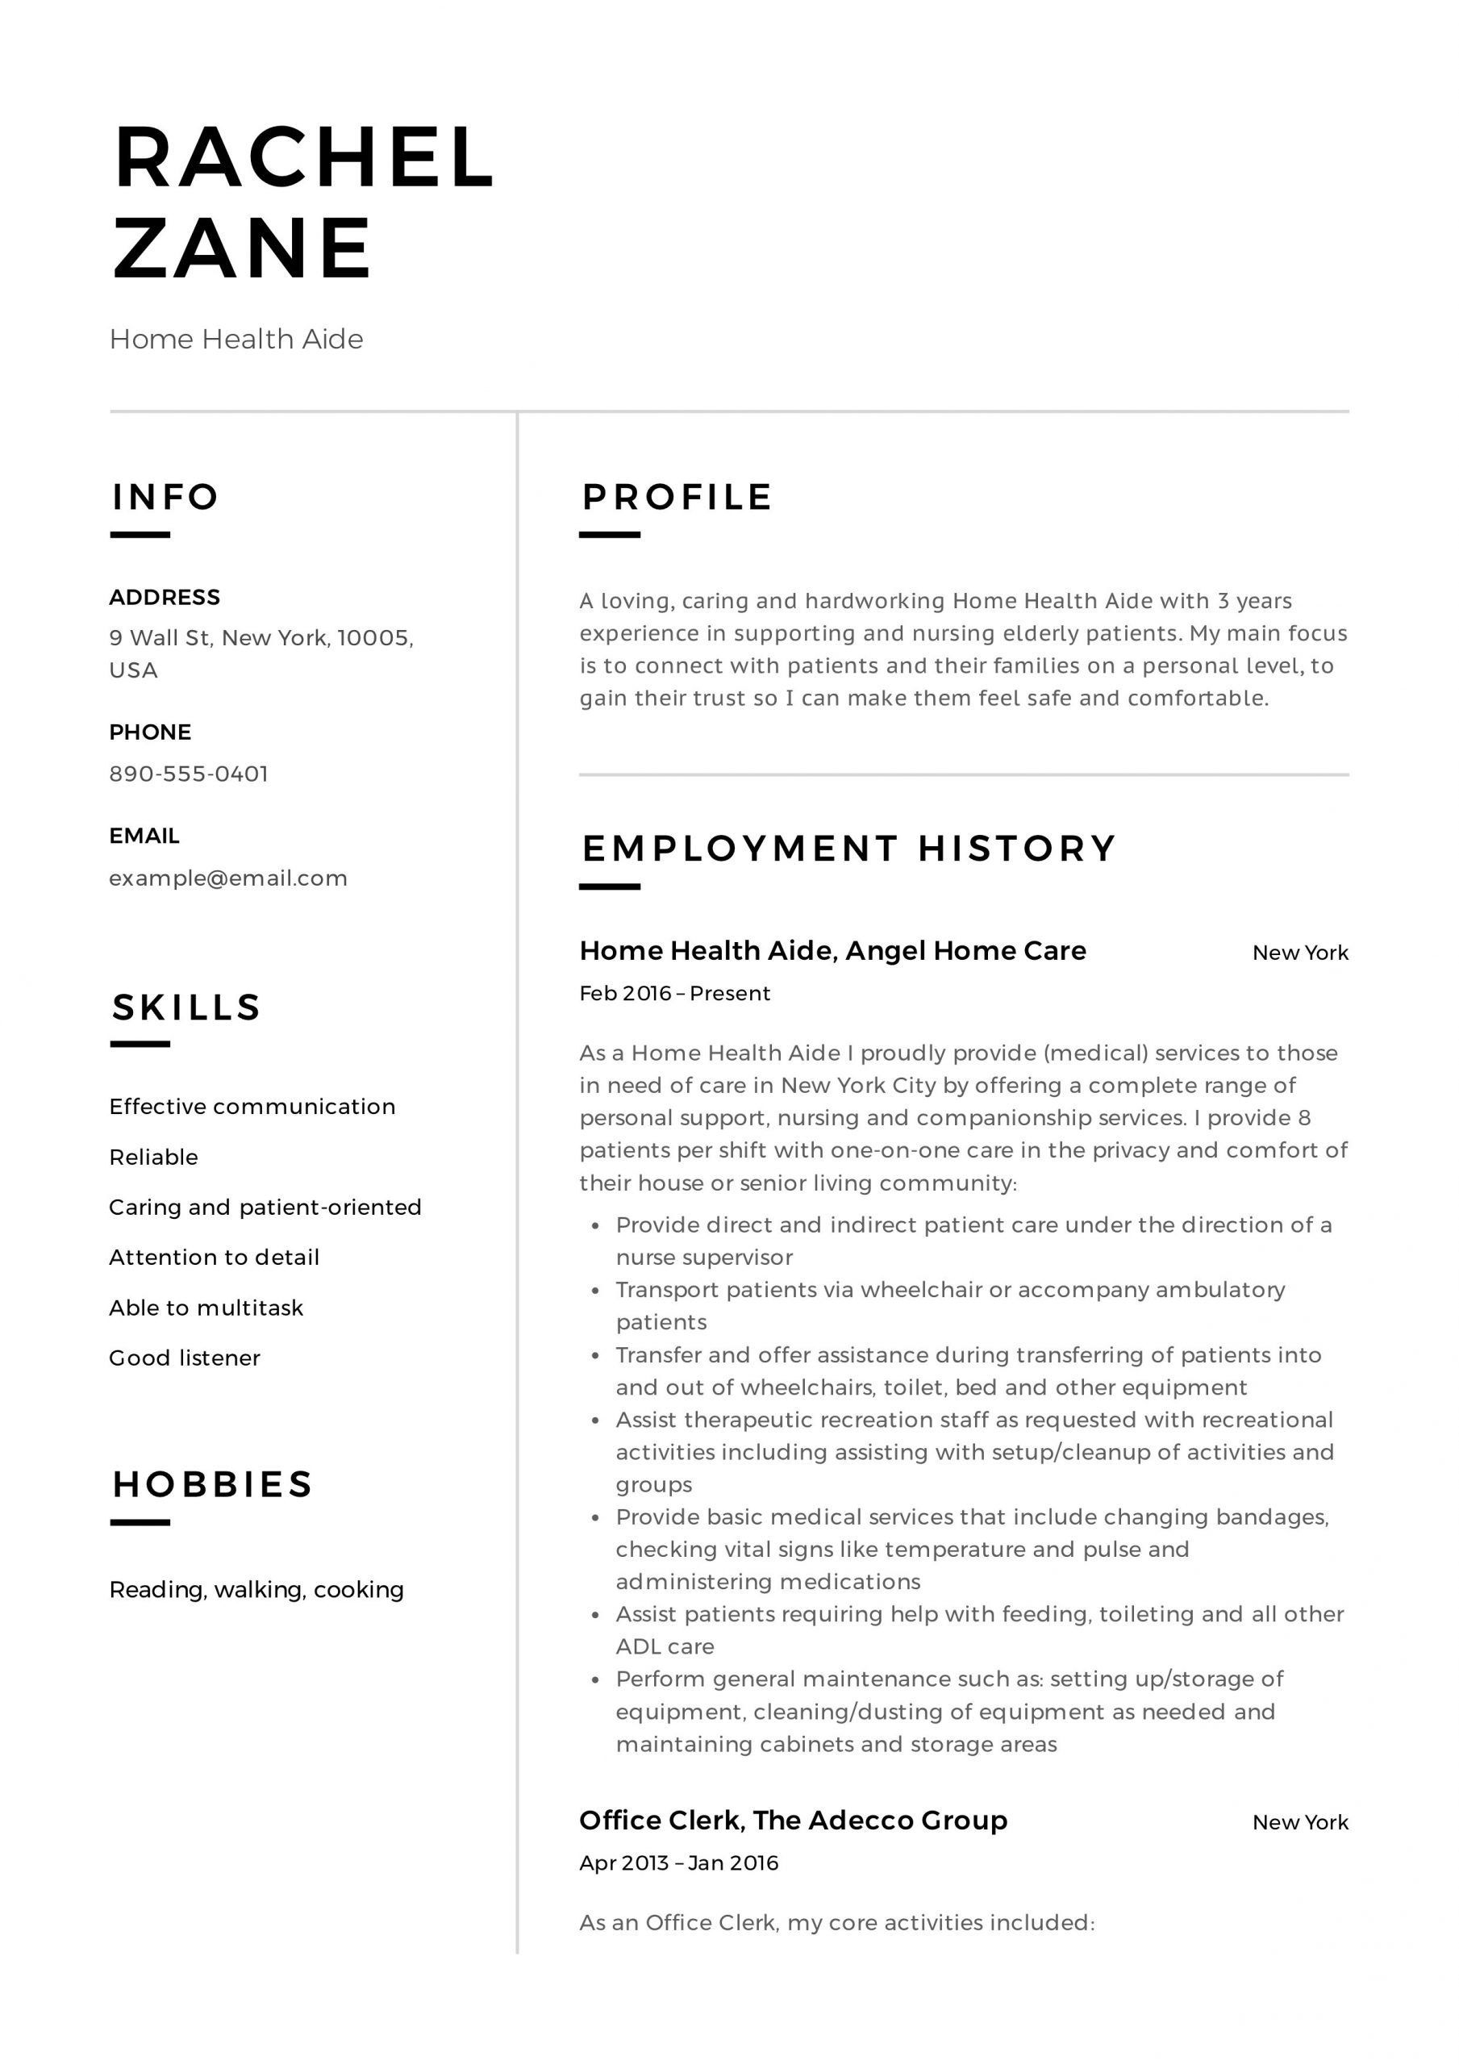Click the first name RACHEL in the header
[x=304, y=157]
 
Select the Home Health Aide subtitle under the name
[x=236, y=339]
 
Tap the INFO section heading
[x=165, y=496]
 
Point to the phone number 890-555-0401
[x=189, y=774]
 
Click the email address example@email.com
[x=228, y=878]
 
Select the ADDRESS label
[x=165, y=597]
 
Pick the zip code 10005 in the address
[x=373, y=638]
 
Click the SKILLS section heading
[x=186, y=1007]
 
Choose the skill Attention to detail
[x=214, y=1258]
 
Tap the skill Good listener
[x=185, y=1358]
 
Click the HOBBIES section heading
[x=212, y=1484]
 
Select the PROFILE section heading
[x=677, y=496]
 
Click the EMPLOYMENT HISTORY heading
[x=849, y=848]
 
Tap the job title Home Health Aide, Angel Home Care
[x=833, y=951]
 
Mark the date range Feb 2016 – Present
[x=674, y=993]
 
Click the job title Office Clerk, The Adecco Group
[x=794, y=1821]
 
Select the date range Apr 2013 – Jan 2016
[x=679, y=1863]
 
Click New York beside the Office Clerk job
[x=1300, y=1822]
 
